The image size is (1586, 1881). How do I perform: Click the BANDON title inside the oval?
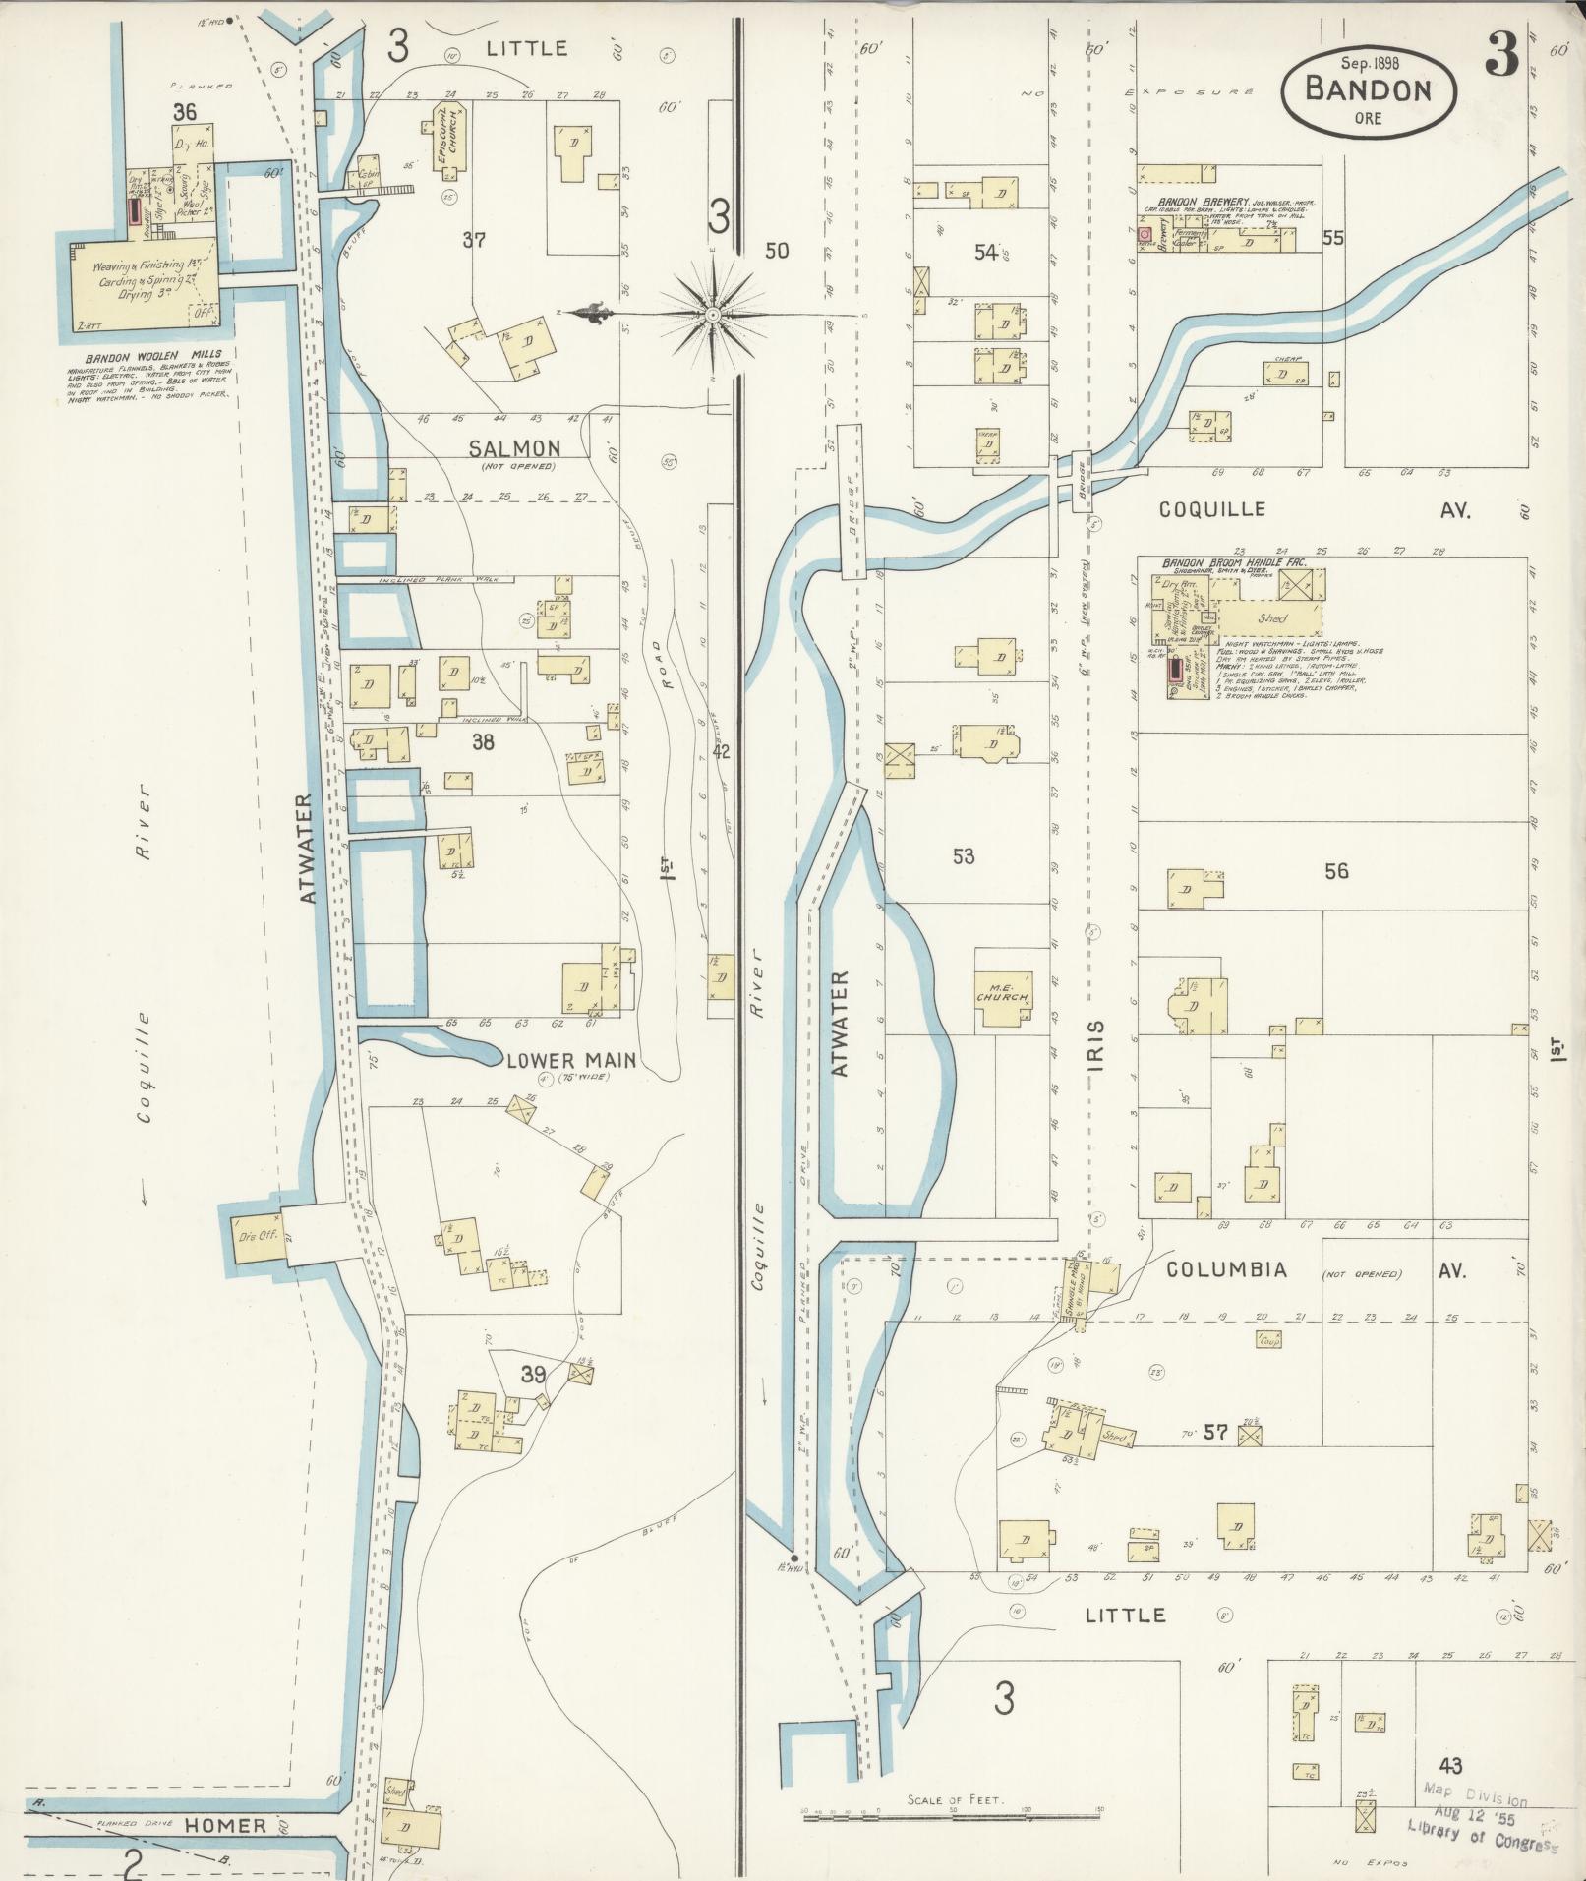point(1367,90)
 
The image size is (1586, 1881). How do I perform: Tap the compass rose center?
point(712,315)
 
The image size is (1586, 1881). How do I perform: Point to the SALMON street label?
point(514,449)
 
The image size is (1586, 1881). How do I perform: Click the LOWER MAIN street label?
point(571,1060)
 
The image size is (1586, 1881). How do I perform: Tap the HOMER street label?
point(227,1825)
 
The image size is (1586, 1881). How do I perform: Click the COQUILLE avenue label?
point(1211,509)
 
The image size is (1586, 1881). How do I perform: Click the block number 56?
point(1335,870)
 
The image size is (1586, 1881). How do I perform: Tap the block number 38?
point(482,742)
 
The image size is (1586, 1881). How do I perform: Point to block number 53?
point(963,856)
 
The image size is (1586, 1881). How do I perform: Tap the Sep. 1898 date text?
point(1368,63)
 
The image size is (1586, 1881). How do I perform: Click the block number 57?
point(1215,1434)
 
